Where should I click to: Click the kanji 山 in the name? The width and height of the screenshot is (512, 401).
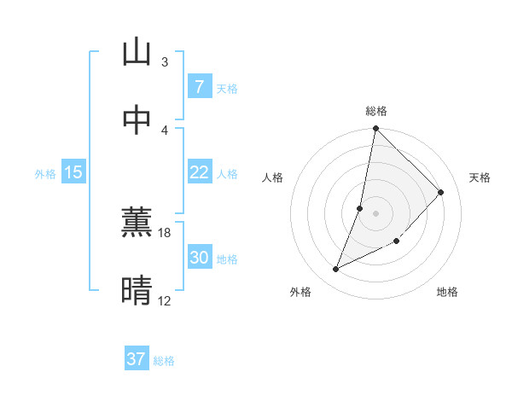[x=137, y=52]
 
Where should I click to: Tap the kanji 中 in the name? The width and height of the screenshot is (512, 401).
[x=137, y=120]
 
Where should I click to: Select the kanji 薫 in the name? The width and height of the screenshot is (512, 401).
[x=137, y=223]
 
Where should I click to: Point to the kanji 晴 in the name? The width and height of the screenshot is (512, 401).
[x=137, y=291]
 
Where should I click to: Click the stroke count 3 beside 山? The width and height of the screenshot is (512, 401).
[x=165, y=61]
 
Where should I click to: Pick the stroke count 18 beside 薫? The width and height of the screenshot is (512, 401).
[x=165, y=232]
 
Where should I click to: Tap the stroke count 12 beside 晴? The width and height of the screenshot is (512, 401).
[x=165, y=300]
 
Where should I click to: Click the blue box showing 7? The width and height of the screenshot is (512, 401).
[x=199, y=86]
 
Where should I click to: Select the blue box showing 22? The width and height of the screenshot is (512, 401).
[x=199, y=171]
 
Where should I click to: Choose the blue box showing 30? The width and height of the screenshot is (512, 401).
[x=199, y=257]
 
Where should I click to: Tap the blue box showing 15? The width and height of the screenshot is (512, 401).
[x=73, y=172]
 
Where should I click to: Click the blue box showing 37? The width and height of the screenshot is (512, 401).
[x=137, y=359]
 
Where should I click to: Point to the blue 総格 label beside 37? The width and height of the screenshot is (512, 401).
[x=164, y=361]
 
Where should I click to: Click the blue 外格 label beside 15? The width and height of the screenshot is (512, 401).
[x=45, y=173]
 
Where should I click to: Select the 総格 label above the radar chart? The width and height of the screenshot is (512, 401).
[x=376, y=111]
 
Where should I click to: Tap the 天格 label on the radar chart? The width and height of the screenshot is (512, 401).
[x=480, y=177]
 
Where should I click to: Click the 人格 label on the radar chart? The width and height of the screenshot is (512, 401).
[x=273, y=177]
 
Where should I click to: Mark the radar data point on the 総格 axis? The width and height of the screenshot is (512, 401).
[x=375, y=129]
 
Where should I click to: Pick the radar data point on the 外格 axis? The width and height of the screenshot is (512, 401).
[x=336, y=270]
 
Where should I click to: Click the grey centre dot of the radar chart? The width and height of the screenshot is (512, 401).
[x=375, y=212]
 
